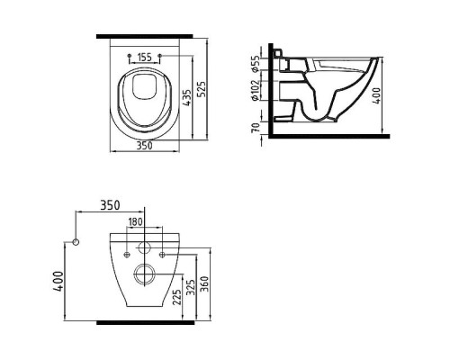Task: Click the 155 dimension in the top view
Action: tap(145, 57)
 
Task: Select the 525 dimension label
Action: tap(202, 89)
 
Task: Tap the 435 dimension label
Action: tap(187, 98)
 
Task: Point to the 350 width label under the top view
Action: tap(145, 146)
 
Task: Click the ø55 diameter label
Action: tap(255, 64)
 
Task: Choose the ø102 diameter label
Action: tap(255, 91)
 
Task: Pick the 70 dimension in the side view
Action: tap(256, 128)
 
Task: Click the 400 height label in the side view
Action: tap(376, 95)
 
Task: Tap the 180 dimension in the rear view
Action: tap(135, 222)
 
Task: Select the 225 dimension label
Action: tap(177, 297)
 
